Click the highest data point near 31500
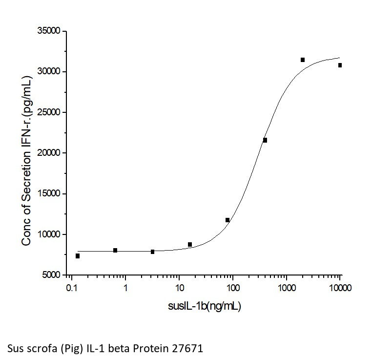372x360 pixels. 303,60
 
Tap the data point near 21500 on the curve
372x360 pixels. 265,140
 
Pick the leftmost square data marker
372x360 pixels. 78,256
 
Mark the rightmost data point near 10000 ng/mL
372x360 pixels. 340,65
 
